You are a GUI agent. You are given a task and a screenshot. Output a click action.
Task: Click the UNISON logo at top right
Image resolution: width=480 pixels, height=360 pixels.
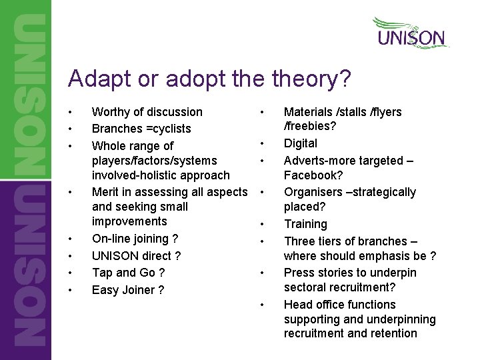tap(410, 33)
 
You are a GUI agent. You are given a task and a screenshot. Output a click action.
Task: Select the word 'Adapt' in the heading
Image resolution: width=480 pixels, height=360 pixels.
tap(94, 79)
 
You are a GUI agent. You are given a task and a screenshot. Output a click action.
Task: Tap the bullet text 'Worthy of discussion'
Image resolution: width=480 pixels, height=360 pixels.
tap(147, 112)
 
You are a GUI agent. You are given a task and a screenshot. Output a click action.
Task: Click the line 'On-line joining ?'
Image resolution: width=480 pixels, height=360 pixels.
tap(135, 239)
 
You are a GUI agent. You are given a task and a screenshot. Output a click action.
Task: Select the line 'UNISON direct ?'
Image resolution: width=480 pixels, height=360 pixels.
tap(136, 255)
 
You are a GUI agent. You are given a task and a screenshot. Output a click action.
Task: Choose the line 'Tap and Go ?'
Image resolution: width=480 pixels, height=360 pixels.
tap(128, 273)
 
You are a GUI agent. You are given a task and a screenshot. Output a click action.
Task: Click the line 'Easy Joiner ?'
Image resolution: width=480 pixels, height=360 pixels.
tap(128, 290)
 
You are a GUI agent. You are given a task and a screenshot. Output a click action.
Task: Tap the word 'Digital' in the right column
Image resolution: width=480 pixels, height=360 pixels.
tap(301, 143)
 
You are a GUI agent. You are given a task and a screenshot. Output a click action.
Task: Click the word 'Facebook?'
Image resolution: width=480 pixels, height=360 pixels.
tap(313, 175)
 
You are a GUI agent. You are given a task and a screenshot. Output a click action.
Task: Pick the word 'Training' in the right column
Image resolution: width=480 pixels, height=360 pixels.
tap(305, 225)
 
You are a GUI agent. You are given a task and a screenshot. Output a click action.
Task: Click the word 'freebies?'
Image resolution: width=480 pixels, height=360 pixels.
tap(311, 127)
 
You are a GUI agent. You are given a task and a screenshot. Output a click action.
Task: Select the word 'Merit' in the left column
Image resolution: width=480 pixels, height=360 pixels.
tap(106, 192)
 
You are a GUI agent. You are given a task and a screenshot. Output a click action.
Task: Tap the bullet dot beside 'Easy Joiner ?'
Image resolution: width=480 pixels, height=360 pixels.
tap(71, 290)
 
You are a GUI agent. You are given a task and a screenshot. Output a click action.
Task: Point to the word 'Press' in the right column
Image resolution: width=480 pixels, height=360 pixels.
tap(299, 273)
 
